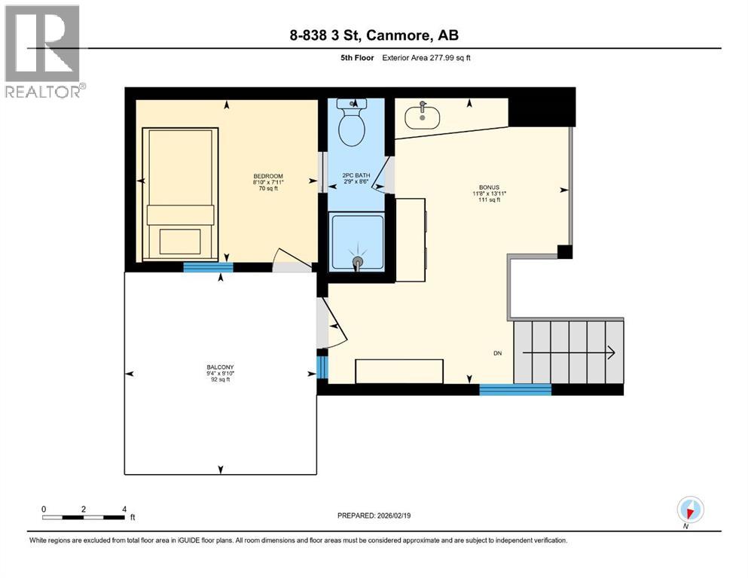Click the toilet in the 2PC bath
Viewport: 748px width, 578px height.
(x=351, y=126)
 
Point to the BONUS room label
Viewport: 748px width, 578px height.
(x=489, y=187)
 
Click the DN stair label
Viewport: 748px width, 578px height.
(x=498, y=352)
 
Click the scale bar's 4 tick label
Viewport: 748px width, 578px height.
(x=124, y=509)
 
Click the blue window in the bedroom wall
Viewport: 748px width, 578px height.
(x=208, y=267)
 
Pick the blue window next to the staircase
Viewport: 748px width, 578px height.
(x=515, y=389)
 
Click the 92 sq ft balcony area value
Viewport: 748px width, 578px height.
(x=221, y=380)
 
